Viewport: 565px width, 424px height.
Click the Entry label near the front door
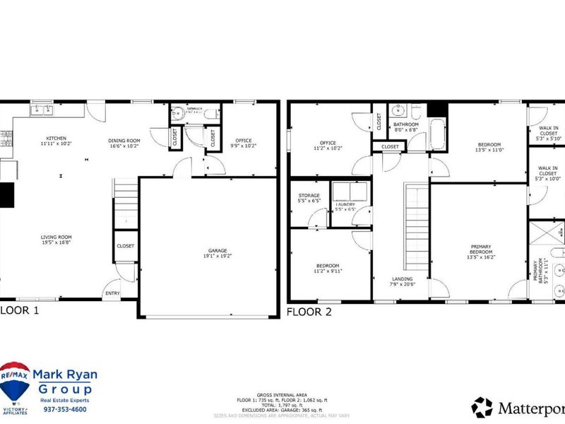[112, 293]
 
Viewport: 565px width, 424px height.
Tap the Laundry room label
[345, 206]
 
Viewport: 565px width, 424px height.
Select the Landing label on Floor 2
[402, 282]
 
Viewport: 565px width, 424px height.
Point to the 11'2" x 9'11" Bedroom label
[328, 269]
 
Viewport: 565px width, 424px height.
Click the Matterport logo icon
[482, 406]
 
